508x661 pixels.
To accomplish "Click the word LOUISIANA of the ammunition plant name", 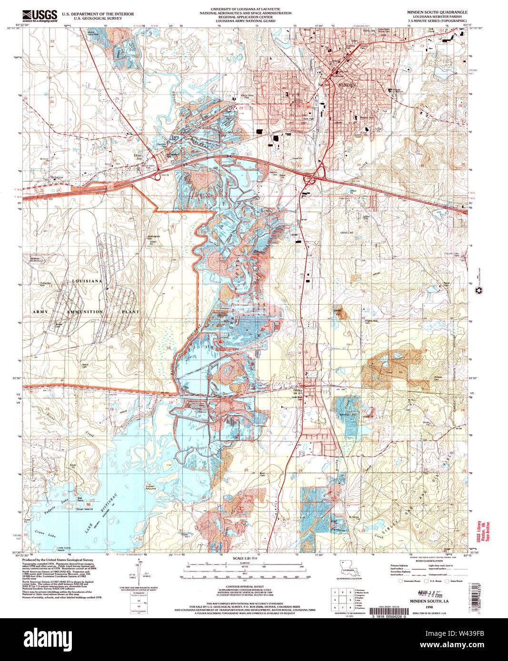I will pyautogui.click(x=87, y=281).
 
